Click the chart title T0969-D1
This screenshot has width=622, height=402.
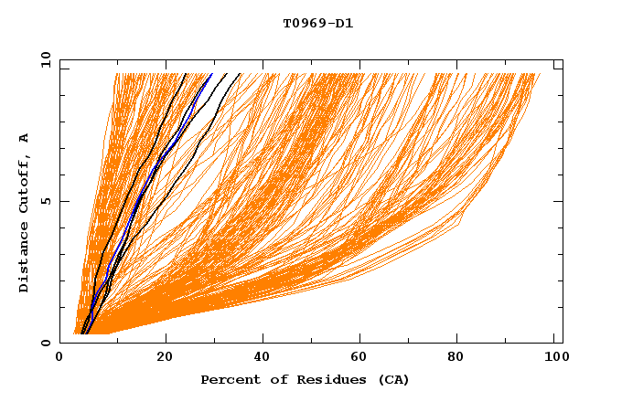[x=317, y=23]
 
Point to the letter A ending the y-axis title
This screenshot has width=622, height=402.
[x=24, y=138]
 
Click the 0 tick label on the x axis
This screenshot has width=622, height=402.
[x=59, y=357]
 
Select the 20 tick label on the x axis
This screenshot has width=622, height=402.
[x=164, y=357]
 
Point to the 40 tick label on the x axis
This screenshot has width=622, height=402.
[x=264, y=357]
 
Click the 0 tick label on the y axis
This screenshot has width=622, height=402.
[x=45, y=343]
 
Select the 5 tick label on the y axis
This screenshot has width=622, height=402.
[x=45, y=201]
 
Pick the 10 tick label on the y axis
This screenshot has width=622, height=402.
[x=41, y=58]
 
